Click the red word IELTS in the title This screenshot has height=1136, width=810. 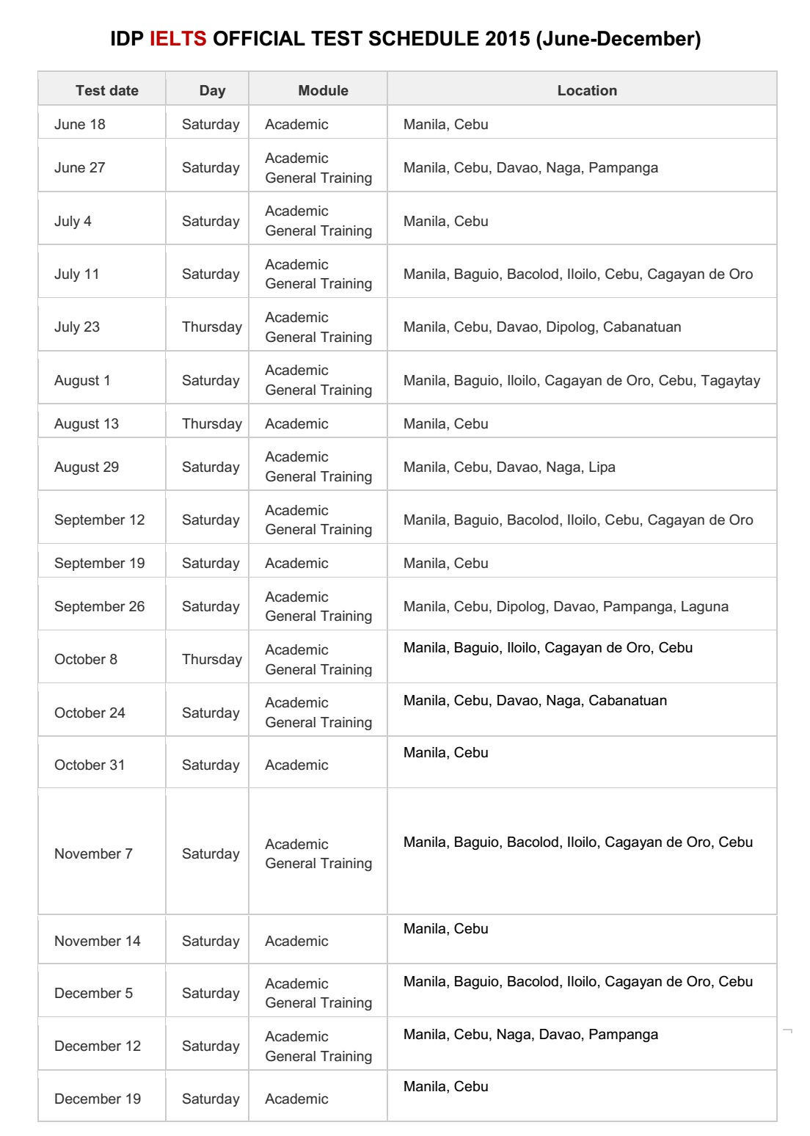click(x=178, y=39)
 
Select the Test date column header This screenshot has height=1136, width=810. click(x=106, y=90)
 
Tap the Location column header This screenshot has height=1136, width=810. click(x=587, y=90)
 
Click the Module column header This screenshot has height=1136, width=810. click(x=323, y=90)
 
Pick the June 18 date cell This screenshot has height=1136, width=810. click(x=79, y=124)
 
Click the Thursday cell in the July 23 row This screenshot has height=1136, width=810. click(x=211, y=327)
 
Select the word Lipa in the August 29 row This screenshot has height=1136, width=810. click(x=602, y=467)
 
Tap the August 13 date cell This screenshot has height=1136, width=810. click(x=86, y=423)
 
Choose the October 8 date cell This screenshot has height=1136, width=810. click(x=85, y=659)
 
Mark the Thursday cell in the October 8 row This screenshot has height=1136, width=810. click(x=211, y=659)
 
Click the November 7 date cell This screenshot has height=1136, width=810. click(x=93, y=853)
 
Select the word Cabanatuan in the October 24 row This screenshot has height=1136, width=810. click(x=627, y=700)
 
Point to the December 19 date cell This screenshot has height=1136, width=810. click(x=97, y=1099)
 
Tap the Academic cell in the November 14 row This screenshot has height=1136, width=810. click(x=296, y=941)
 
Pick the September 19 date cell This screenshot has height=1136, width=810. click(x=99, y=563)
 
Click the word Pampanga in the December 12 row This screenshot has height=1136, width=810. click(x=623, y=1034)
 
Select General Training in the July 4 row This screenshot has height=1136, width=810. click(x=318, y=230)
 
